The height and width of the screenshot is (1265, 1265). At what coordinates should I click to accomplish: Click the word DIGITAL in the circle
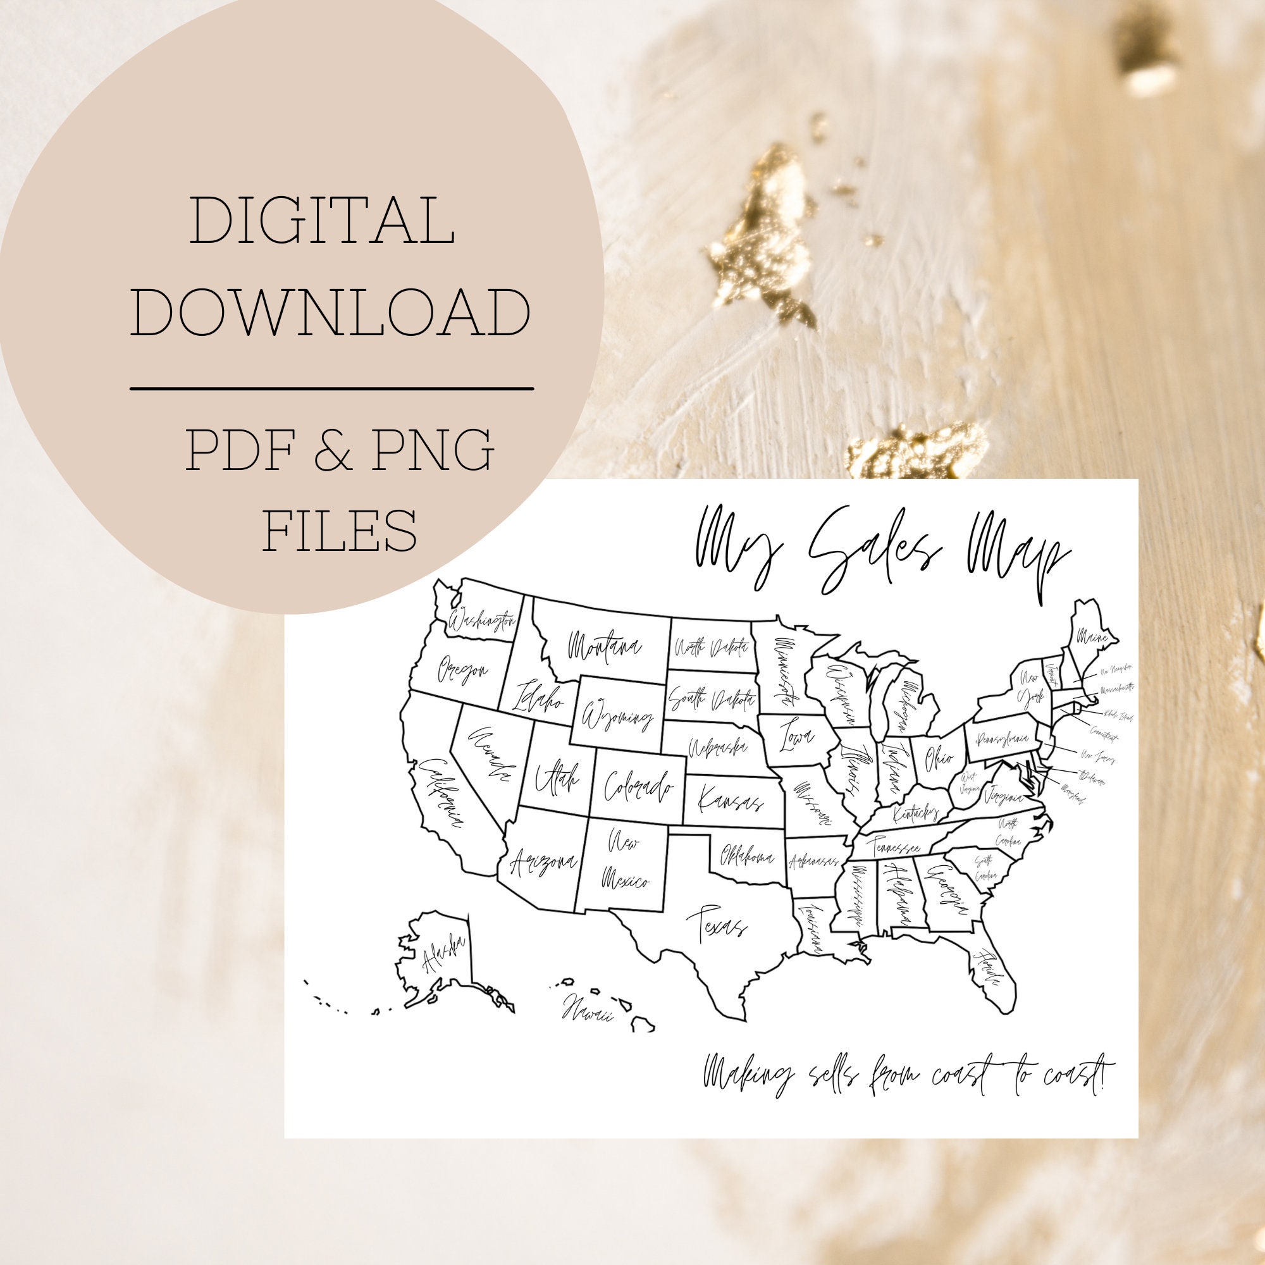(322, 221)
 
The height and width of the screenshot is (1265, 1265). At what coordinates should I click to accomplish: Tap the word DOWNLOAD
(331, 312)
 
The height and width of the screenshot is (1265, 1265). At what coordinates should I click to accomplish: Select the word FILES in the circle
(340, 529)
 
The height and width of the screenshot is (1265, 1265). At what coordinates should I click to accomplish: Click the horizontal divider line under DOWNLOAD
(331, 389)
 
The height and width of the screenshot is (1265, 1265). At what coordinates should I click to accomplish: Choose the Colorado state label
(638, 786)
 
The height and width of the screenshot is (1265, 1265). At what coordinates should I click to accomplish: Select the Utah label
(556, 779)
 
